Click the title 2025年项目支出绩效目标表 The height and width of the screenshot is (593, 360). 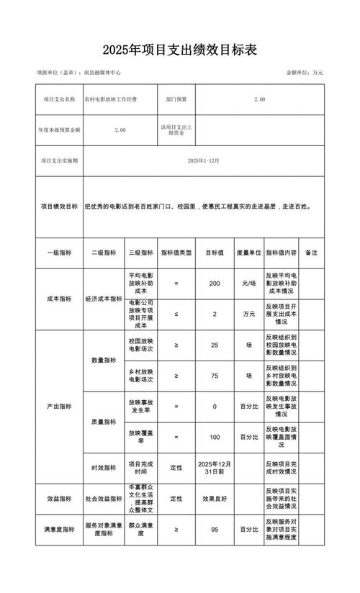(x=179, y=50)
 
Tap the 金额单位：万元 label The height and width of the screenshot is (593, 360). (x=305, y=73)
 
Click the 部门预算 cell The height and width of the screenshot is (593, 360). (x=176, y=99)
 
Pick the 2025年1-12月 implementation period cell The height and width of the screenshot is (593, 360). (x=204, y=160)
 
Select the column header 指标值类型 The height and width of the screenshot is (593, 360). (x=176, y=253)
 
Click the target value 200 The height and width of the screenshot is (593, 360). (x=215, y=284)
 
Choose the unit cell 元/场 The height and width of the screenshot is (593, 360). (x=248, y=284)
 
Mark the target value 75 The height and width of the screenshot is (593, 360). (x=215, y=376)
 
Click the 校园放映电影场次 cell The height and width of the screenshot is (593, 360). (x=142, y=345)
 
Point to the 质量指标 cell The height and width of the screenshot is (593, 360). (x=104, y=422)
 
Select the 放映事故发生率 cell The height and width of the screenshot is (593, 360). (x=142, y=407)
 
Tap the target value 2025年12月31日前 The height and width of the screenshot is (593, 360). (x=215, y=468)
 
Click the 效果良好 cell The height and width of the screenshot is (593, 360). (x=215, y=498)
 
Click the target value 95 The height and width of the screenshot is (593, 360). (x=215, y=529)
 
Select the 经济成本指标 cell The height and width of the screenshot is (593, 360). (x=104, y=299)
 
